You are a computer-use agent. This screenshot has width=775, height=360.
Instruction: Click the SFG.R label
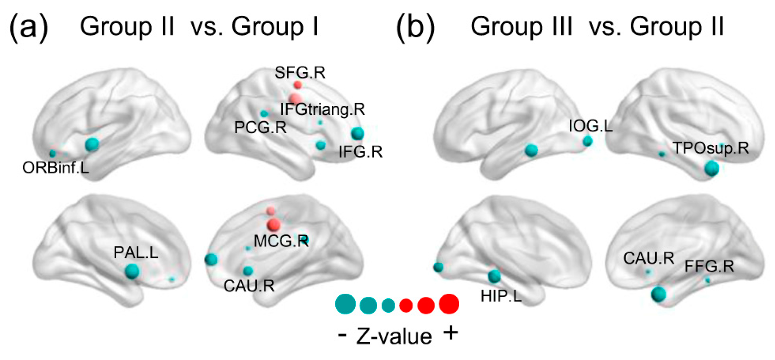tap(300, 73)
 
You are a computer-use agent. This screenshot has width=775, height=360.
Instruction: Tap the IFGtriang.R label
tap(322, 109)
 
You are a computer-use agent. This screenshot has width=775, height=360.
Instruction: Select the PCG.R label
tap(260, 128)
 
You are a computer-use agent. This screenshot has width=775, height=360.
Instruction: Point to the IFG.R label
tap(360, 152)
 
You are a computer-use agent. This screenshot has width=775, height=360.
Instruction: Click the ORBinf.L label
tap(55, 168)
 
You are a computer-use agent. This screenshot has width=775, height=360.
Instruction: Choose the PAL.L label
tap(136, 252)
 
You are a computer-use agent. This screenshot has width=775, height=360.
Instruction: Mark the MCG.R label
tap(281, 241)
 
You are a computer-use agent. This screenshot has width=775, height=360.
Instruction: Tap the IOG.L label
tap(590, 126)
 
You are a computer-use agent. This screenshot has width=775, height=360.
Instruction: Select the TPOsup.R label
tap(711, 148)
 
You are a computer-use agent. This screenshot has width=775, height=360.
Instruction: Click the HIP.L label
tap(501, 296)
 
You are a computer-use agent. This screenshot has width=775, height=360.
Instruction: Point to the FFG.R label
tap(709, 266)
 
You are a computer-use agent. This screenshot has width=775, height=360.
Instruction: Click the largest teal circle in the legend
tap(345, 304)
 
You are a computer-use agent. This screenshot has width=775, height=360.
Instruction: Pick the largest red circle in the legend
tap(449, 304)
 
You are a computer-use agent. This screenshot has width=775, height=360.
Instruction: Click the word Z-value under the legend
tap(394, 336)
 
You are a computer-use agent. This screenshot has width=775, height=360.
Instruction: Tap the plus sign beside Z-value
tap(451, 333)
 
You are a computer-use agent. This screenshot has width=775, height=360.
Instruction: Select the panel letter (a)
tap(28, 27)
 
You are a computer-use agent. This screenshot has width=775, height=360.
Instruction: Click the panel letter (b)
tap(415, 27)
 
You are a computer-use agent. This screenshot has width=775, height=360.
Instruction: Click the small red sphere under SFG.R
tap(298, 84)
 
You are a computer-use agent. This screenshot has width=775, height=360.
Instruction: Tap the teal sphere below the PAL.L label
tap(132, 271)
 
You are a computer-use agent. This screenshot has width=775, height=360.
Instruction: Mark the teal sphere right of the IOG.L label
tap(588, 141)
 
